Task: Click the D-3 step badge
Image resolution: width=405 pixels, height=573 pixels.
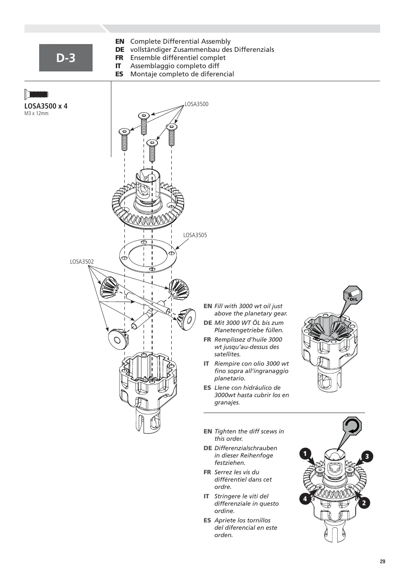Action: tap(66, 58)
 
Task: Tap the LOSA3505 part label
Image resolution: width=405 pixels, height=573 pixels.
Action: tap(195, 235)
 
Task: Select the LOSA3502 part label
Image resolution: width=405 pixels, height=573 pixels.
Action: tap(82, 262)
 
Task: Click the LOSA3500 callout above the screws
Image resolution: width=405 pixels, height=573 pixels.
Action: tap(196, 104)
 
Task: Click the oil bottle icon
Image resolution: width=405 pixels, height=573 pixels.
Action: tap(352, 295)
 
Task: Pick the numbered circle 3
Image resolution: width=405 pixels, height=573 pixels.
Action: tap(367, 457)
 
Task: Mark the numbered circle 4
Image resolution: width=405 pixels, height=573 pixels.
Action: tap(305, 499)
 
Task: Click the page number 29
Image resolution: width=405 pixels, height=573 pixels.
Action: tap(383, 562)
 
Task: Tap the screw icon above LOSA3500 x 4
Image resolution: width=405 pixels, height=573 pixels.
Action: tap(36, 94)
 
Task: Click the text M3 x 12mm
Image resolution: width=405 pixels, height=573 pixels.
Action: tap(36, 113)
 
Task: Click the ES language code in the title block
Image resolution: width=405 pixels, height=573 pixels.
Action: tap(120, 74)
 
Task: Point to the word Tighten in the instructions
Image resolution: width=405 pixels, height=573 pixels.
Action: tap(225, 431)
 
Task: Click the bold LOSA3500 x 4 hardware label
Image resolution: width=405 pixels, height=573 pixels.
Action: tap(46, 106)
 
